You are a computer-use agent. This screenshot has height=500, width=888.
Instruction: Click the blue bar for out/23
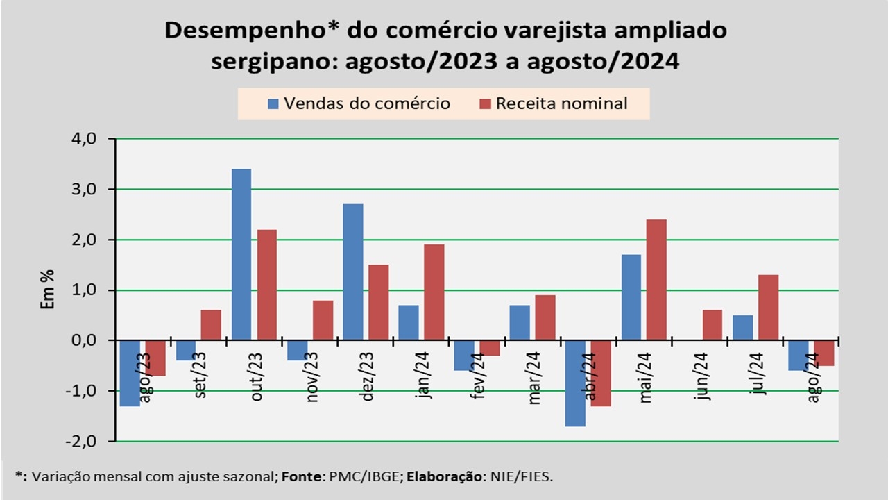pos(241,254)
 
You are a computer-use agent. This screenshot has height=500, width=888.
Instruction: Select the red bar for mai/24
pos(656,280)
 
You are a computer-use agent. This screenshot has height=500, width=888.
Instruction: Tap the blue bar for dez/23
pos(352,272)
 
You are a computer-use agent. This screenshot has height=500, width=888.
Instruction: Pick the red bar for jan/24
pos(434,292)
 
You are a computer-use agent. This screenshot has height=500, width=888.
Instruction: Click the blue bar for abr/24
pos(575,383)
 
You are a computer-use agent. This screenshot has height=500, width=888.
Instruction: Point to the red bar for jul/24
pos(768,308)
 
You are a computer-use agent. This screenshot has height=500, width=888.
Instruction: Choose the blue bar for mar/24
pos(520,323)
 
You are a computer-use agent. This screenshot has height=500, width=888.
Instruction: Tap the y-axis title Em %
pos(48,290)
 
